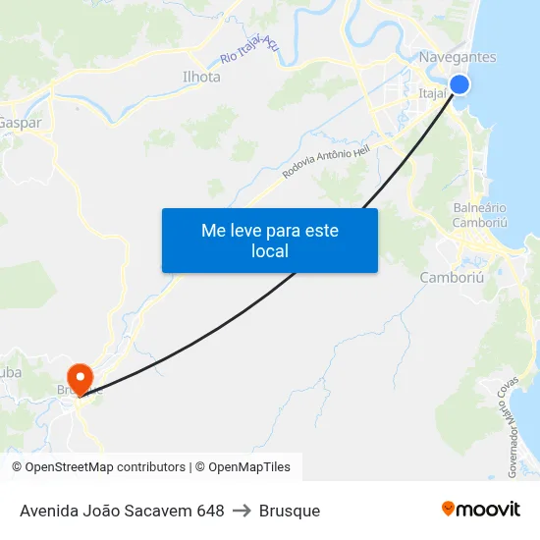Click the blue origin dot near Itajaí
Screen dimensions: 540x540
459,84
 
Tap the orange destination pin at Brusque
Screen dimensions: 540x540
79,377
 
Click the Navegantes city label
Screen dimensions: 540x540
457,57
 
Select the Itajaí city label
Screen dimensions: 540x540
433,94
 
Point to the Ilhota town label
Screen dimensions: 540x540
201,77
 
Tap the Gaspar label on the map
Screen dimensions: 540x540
20,123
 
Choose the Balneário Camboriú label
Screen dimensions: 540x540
480,215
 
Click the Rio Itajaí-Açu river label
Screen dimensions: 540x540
250,47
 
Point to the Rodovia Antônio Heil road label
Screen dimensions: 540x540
326,158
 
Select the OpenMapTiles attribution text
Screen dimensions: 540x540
248,467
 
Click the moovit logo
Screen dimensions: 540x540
480,510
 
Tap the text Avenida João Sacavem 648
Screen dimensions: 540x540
122,511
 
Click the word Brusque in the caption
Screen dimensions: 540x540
290,511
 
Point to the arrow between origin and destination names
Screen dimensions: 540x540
242,511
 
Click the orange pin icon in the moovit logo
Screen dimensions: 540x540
449,509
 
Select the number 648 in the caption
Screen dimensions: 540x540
209,511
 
